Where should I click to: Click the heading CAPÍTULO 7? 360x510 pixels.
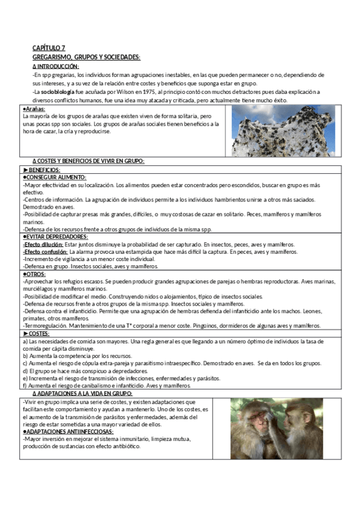point(49,48)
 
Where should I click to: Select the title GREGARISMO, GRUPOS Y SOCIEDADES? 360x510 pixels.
point(86,57)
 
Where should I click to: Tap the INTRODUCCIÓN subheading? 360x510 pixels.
point(58,66)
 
